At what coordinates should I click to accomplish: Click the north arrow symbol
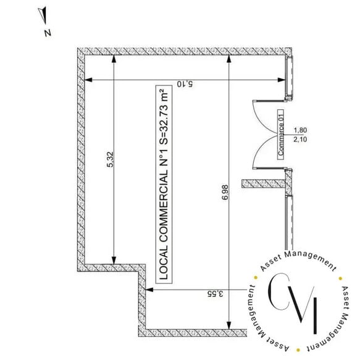point(43,15)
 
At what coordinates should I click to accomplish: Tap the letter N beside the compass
point(48,33)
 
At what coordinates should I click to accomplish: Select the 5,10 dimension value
point(185,84)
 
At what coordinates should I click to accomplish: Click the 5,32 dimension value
point(110,159)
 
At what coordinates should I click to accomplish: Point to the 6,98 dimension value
point(225,192)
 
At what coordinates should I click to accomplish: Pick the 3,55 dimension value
point(216,294)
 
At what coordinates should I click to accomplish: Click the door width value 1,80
point(300,130)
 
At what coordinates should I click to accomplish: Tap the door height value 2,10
point(300,140)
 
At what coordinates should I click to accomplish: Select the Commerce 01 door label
point(281,135)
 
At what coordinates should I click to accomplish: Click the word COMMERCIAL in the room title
point(164,206)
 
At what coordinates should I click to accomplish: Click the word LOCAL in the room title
point(164,263)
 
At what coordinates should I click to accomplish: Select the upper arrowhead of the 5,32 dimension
point(114,59)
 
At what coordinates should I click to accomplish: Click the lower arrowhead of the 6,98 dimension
point(228,325)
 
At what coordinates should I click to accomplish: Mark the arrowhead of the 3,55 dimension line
point(149,290)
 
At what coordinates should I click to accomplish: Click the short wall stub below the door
point(264,183)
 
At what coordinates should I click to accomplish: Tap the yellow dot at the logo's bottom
point(298,350)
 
